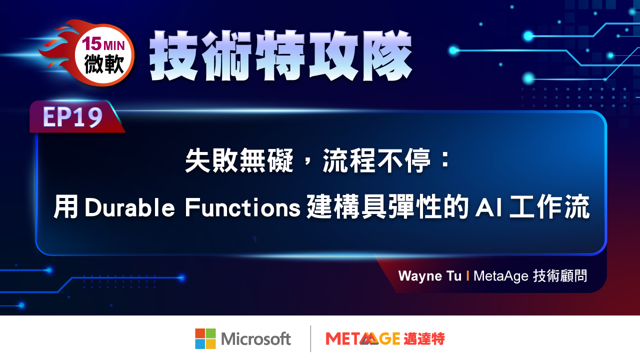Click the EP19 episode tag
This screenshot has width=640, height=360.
click(x=72, y=117)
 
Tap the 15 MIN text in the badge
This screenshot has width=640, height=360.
click(x=103, y=44)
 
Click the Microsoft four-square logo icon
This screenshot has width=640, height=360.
click(x=205, y=339)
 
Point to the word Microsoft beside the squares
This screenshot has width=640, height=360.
click(x=255, y=339)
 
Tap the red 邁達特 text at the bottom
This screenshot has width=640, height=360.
click(x=424, y=339)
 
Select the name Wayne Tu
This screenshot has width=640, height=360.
click(x=429, y=276)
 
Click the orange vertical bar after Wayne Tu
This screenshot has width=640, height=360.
click(x=467, y=275)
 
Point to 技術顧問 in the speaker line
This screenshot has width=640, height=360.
click(x=560, y=276)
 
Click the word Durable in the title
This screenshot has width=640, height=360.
click(x=129, y=207)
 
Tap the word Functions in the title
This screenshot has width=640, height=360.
click(x=242, y=207)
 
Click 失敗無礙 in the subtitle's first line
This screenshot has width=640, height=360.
click(x=239, y=160)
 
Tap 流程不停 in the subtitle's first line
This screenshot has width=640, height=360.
click(x=376, y=160)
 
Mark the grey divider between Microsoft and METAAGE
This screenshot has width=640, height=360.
click(x=310, y=338)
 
